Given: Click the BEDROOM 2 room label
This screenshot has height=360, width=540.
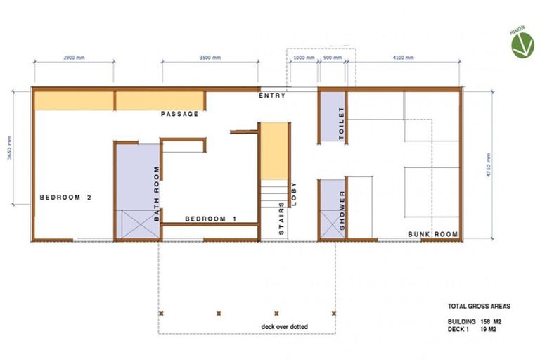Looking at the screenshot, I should (x=65, y=198).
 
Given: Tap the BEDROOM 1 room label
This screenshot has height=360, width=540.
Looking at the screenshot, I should (x=210, y=219).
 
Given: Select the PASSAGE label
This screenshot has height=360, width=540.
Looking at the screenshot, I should (x=179, y=114).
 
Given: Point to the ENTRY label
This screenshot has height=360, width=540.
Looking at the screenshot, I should (x=272, y=96).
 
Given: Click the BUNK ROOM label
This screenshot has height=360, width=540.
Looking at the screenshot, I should (x=433, y=234).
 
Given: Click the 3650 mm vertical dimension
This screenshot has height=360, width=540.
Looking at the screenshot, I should (x=10, y=149).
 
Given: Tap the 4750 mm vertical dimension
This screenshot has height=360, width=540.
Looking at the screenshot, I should (x=503, y=165).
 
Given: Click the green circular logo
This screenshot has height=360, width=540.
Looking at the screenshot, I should (x=522, y=44).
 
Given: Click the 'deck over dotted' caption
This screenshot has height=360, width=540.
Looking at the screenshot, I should (x=285, y=326).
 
